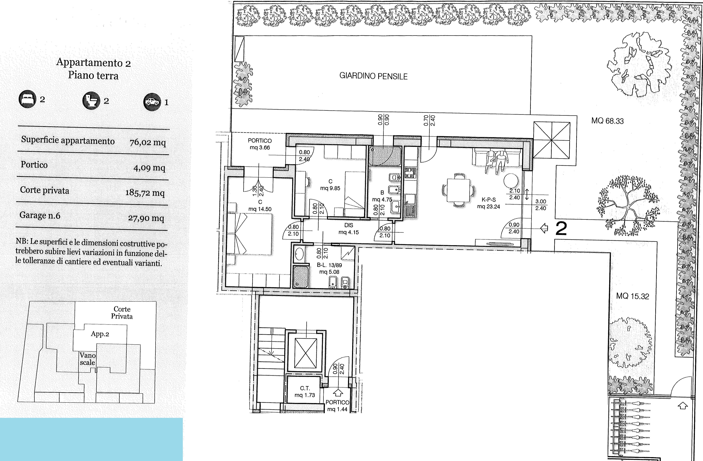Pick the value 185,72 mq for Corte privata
(145, 193)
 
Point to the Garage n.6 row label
(40, 215)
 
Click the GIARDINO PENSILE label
(373, 76)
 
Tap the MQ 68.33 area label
(607, 121)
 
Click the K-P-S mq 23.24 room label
(489, 203)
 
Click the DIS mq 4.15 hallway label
(349, 229)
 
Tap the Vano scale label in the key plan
(87, 359)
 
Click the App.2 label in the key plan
(100, 334)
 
